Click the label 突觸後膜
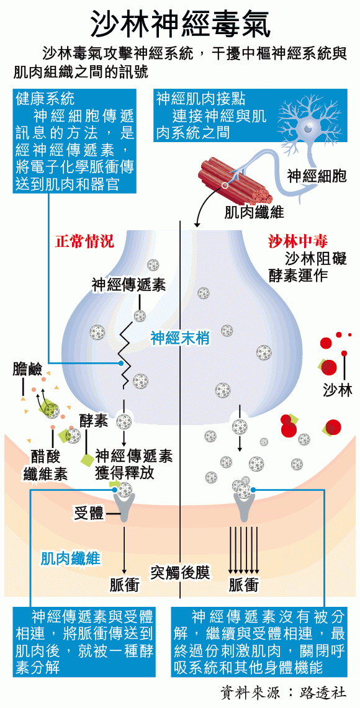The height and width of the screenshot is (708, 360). (180, 571)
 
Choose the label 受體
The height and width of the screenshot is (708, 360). (89, 513)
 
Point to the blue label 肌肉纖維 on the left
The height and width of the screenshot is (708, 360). (71, 558)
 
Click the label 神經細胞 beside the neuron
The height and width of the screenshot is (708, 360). (317, 176)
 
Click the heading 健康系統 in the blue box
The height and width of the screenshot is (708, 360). (45, 97)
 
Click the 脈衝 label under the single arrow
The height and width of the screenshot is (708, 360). (124, 585)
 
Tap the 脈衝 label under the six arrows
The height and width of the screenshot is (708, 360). (243, 585)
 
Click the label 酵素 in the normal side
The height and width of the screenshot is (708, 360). (94, 421)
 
